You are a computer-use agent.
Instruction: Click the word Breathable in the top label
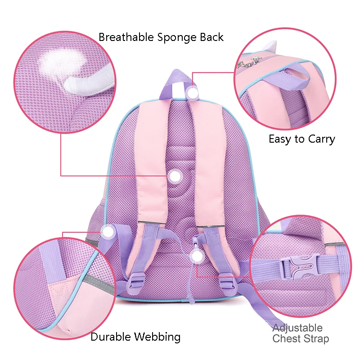[x=126, y=37]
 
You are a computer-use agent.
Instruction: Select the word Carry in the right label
[x=321, y=139]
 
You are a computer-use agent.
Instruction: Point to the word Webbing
[x=157, y=337]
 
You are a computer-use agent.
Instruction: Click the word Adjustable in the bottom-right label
[x=297, y=328]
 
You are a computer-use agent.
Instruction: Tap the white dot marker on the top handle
[x=193, y=93]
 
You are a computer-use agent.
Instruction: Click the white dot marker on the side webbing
[x=108, y=232]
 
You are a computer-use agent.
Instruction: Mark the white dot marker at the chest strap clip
[x=197, y=256]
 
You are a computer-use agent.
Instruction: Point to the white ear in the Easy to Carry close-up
[x=270, y=46]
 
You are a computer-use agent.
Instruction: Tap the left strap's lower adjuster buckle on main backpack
[x=136, y=280]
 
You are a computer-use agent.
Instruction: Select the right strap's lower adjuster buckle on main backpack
[x=228, y=280]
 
